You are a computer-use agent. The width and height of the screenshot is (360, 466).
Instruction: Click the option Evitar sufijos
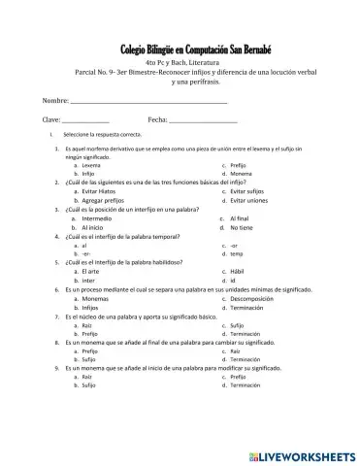tap(252, 192)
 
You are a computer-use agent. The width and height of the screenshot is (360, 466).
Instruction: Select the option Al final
tap(245, 219)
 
